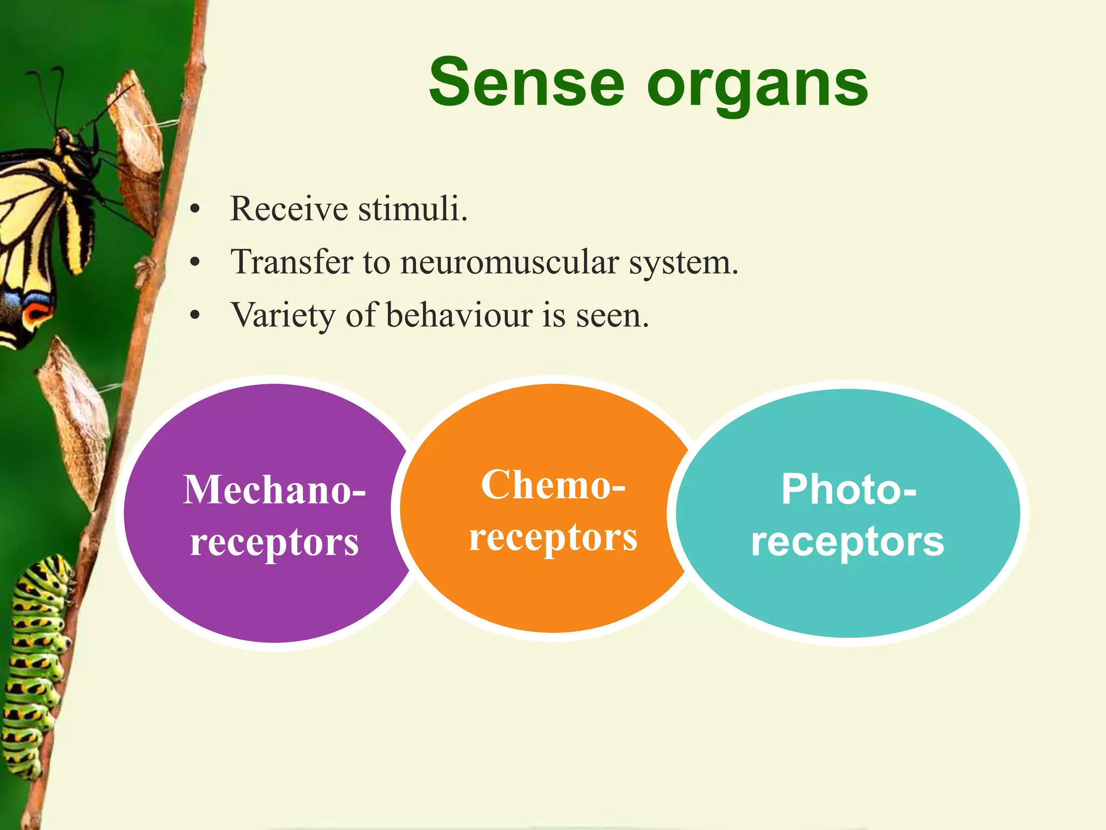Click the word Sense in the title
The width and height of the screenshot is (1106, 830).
[527, 84]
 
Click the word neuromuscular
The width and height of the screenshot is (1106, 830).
[509, 263]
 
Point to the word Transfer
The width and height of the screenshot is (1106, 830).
[292, 263]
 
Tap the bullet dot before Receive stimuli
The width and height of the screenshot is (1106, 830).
[195, 210]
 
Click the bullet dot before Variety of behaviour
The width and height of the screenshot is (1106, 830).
[195, 316]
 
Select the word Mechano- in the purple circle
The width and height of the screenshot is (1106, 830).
[274, 490]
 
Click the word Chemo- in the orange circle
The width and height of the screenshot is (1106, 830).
[553, 485]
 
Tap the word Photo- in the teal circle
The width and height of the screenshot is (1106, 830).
[848, 490]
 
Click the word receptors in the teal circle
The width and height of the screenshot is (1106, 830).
[847, 542]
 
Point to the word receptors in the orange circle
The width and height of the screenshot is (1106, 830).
[553, 538]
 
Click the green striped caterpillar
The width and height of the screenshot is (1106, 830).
[38, 665]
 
